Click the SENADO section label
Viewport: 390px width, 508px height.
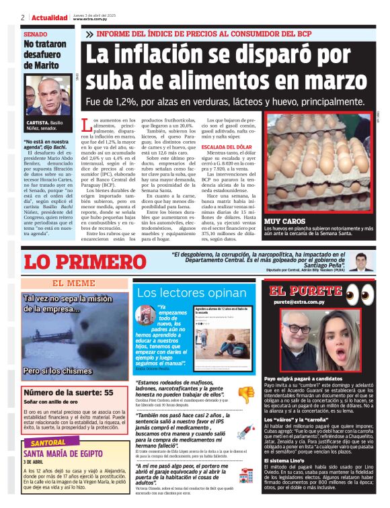(x=36, y=34)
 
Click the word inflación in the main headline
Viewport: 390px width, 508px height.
(x=180, y=54)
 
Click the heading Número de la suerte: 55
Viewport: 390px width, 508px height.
(x=68, y=392)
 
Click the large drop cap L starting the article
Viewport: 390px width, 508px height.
(x=85, y=126)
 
